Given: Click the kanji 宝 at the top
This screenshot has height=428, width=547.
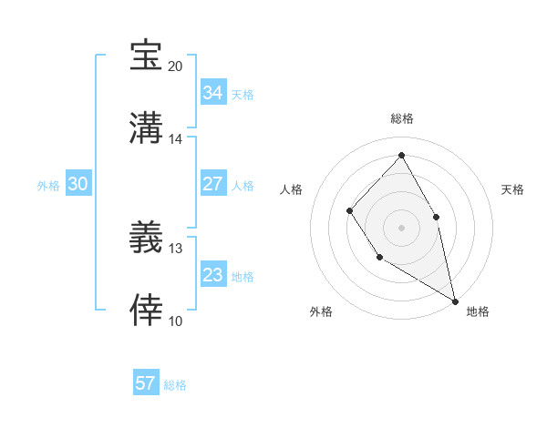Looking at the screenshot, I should pos(146,56).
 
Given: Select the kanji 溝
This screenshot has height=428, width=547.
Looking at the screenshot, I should pos(146,127).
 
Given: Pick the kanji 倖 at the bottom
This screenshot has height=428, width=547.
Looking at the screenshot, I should pos(146,310).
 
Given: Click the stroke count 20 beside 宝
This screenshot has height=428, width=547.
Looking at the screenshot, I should pos(175,66).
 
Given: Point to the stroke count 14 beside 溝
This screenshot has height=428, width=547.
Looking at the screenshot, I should pos(175,138).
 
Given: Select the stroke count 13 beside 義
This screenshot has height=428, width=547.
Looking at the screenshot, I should pos(175,248).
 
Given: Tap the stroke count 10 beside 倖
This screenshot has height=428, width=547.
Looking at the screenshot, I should pos(175,321).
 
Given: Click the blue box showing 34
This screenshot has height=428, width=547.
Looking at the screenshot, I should pos(213,93).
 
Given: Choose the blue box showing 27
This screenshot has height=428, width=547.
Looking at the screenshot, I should pos(213,184).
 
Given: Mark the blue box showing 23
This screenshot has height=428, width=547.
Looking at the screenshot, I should pos(213,275).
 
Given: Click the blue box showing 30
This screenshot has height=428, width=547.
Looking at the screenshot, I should pos(78,184).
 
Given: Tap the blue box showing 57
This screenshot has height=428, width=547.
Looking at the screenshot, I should pos(146,383).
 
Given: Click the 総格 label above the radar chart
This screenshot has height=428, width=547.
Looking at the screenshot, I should pos(401,118).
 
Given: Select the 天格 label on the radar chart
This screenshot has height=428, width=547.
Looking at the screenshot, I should pos(513,189).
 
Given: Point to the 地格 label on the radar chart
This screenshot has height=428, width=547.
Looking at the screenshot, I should pos(478,311).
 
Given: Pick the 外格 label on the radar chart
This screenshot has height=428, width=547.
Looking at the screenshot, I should pos(321,311).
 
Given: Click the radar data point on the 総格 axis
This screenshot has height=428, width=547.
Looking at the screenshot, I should pos(401,155).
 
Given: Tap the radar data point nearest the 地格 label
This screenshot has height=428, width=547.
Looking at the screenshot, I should pos(454,300).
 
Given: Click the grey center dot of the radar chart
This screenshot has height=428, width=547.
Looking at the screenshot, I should pos(401,227).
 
